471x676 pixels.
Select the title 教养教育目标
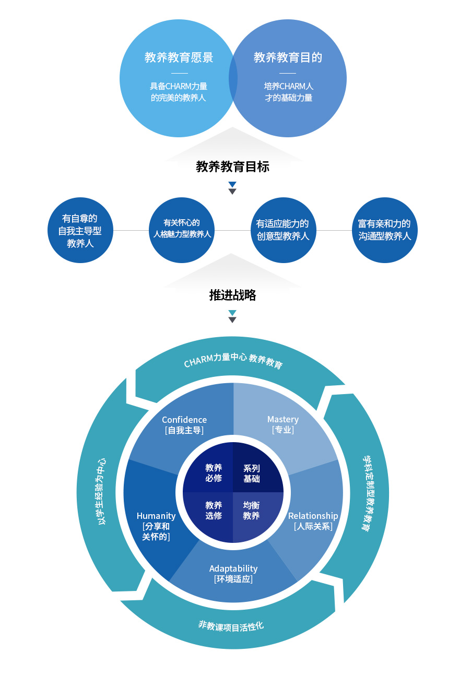(x=232, y=167)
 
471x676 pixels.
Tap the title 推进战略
(x=232, y=295)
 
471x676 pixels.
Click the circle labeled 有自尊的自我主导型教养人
(x=80, y=230)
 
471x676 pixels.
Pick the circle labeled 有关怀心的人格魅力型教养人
(x=182, y=230)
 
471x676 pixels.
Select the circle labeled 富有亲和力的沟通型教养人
(x=384, y=230)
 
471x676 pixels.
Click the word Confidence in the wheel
(x=184, y=420)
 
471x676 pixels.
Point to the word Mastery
(x=283, y=419)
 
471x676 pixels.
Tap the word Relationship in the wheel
(x=313, y=516)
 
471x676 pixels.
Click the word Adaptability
(x=233, y=568)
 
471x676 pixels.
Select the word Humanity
(x=156, y=516)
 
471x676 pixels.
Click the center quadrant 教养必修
(x=214, y=473)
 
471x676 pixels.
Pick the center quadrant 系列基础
(x=252, y=473)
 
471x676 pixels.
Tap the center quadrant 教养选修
(x=214, y=511)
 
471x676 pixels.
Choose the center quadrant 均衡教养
(x=252, y=511)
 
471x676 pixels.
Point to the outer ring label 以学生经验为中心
(x=102, y=491)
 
